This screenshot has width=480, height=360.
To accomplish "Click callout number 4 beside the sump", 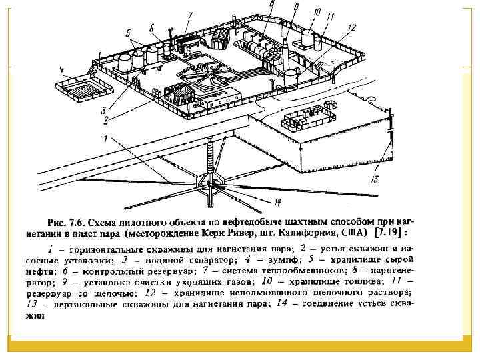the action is [62, 69].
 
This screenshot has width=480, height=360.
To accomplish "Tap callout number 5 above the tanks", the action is [128, 32].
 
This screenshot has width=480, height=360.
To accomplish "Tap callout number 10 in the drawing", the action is [315, 12].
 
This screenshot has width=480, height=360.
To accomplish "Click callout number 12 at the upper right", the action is [352, 27].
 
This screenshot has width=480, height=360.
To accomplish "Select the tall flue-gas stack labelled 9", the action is [286, 50].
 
